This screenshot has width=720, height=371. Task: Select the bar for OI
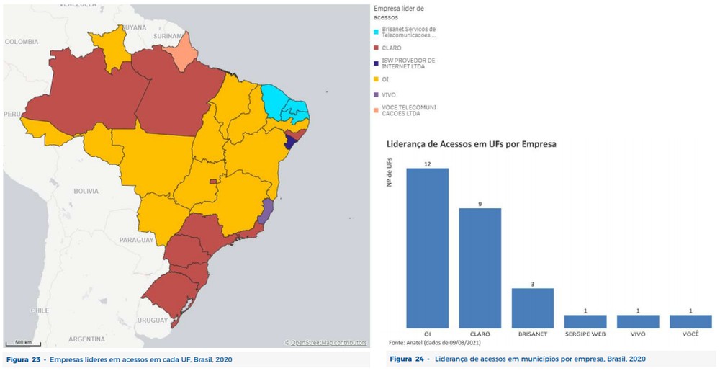click(x=428, y=249)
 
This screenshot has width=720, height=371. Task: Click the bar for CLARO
click(x=480, y=268)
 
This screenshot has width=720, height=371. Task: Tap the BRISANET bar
click(x=533, y=308)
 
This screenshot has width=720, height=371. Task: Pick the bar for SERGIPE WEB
click(x=585, y=321)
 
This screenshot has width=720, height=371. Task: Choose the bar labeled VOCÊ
click(x=690, y=321)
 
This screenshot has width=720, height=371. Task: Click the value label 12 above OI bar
click(x=428, y=164)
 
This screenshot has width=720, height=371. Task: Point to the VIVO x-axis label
click(x=638, y=335)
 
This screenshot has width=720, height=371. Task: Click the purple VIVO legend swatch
click(x=377, y=94)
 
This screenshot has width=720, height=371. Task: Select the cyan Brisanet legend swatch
click(x=377, y=32)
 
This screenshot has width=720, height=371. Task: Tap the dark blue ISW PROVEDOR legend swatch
click(x=377, y=63)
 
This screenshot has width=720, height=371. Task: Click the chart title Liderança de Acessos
click(x=472, y=144)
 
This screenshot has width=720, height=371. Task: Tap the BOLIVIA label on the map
click(x=85, y=191)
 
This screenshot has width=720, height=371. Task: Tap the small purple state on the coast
click(x=266, y=210)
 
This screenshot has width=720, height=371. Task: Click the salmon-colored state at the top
click(x=187, y=48)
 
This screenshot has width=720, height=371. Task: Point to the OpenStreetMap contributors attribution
click(x=326, y=343)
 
